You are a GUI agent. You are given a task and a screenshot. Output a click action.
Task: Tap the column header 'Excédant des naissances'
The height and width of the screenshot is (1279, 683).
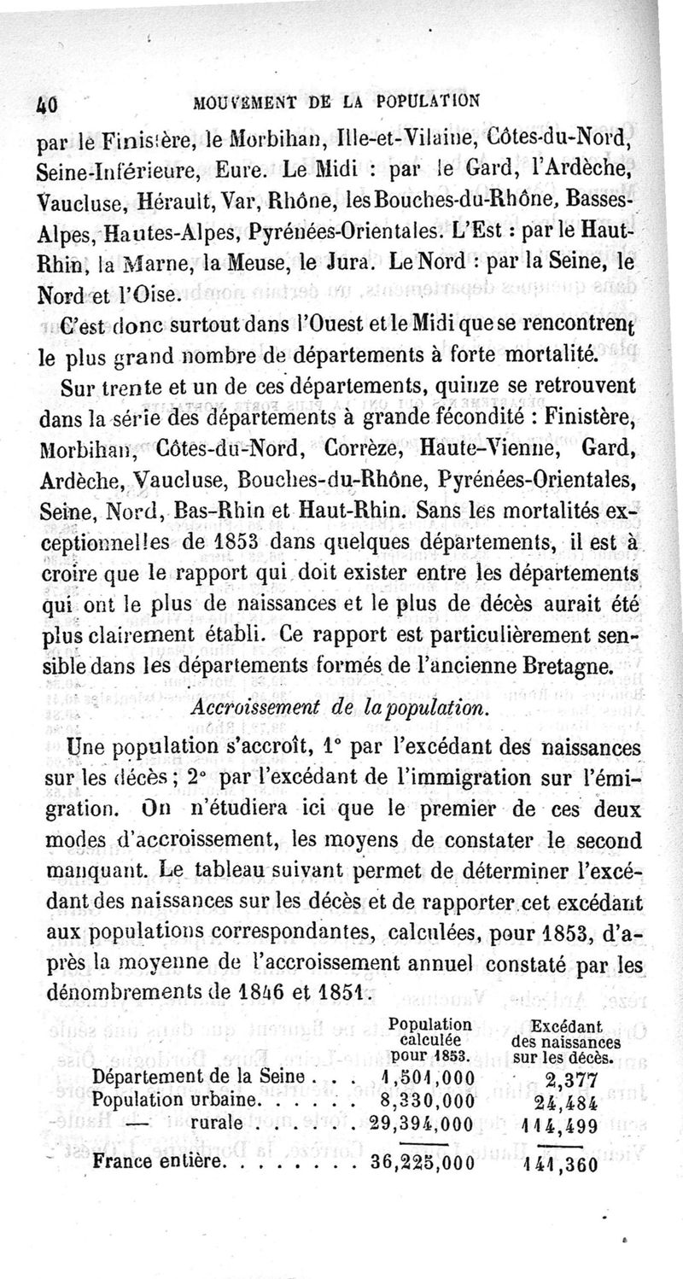[x=566, y=1039]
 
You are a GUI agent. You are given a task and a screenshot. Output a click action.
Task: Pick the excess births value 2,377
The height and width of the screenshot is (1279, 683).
[x=571, y=1078]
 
